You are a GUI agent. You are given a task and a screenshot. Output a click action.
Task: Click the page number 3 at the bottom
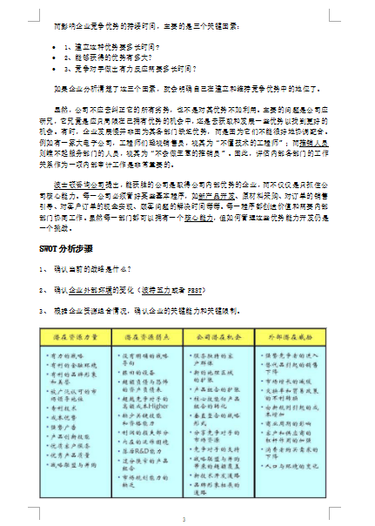[x=184, y=520]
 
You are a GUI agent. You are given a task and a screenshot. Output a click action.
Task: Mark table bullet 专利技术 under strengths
[x=73, y=405]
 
